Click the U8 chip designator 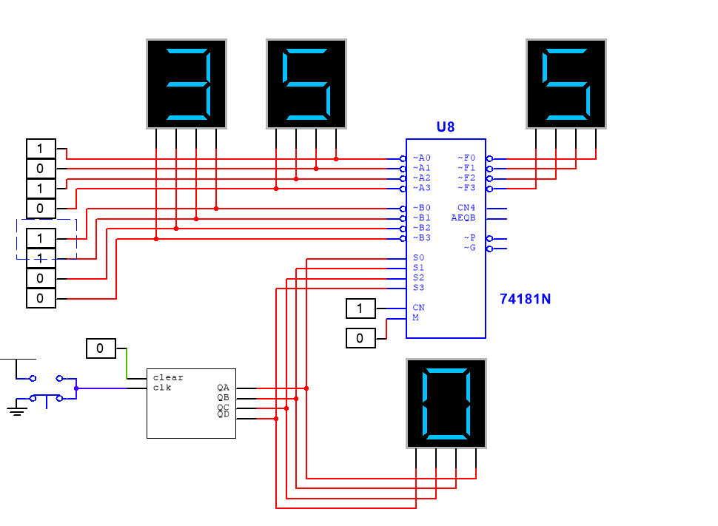[x=445, y=127]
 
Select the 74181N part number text [x=525, y=299]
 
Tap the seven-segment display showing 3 [x=187, y=84]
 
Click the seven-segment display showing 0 [x=446, y=403]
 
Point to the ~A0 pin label [x=422, y=158]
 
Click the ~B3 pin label [x=422, y=237]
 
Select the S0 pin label [x=418, y=257]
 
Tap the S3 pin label [x=418, y=288]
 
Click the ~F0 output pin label [x=466, y=158]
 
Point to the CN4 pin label [x=466, y=208]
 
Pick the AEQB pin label [x=463, y=218]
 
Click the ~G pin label [x=470, y=248]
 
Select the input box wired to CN [x=360, y=308]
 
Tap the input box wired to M [x=360, y=338]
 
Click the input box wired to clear [x=101, y=348]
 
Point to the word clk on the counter [x=162, y=388]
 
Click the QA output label [x=223, y=388]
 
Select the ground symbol [x=16, y=409]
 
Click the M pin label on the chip [x=416, y=317]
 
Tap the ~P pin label [x=470, y=237]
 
